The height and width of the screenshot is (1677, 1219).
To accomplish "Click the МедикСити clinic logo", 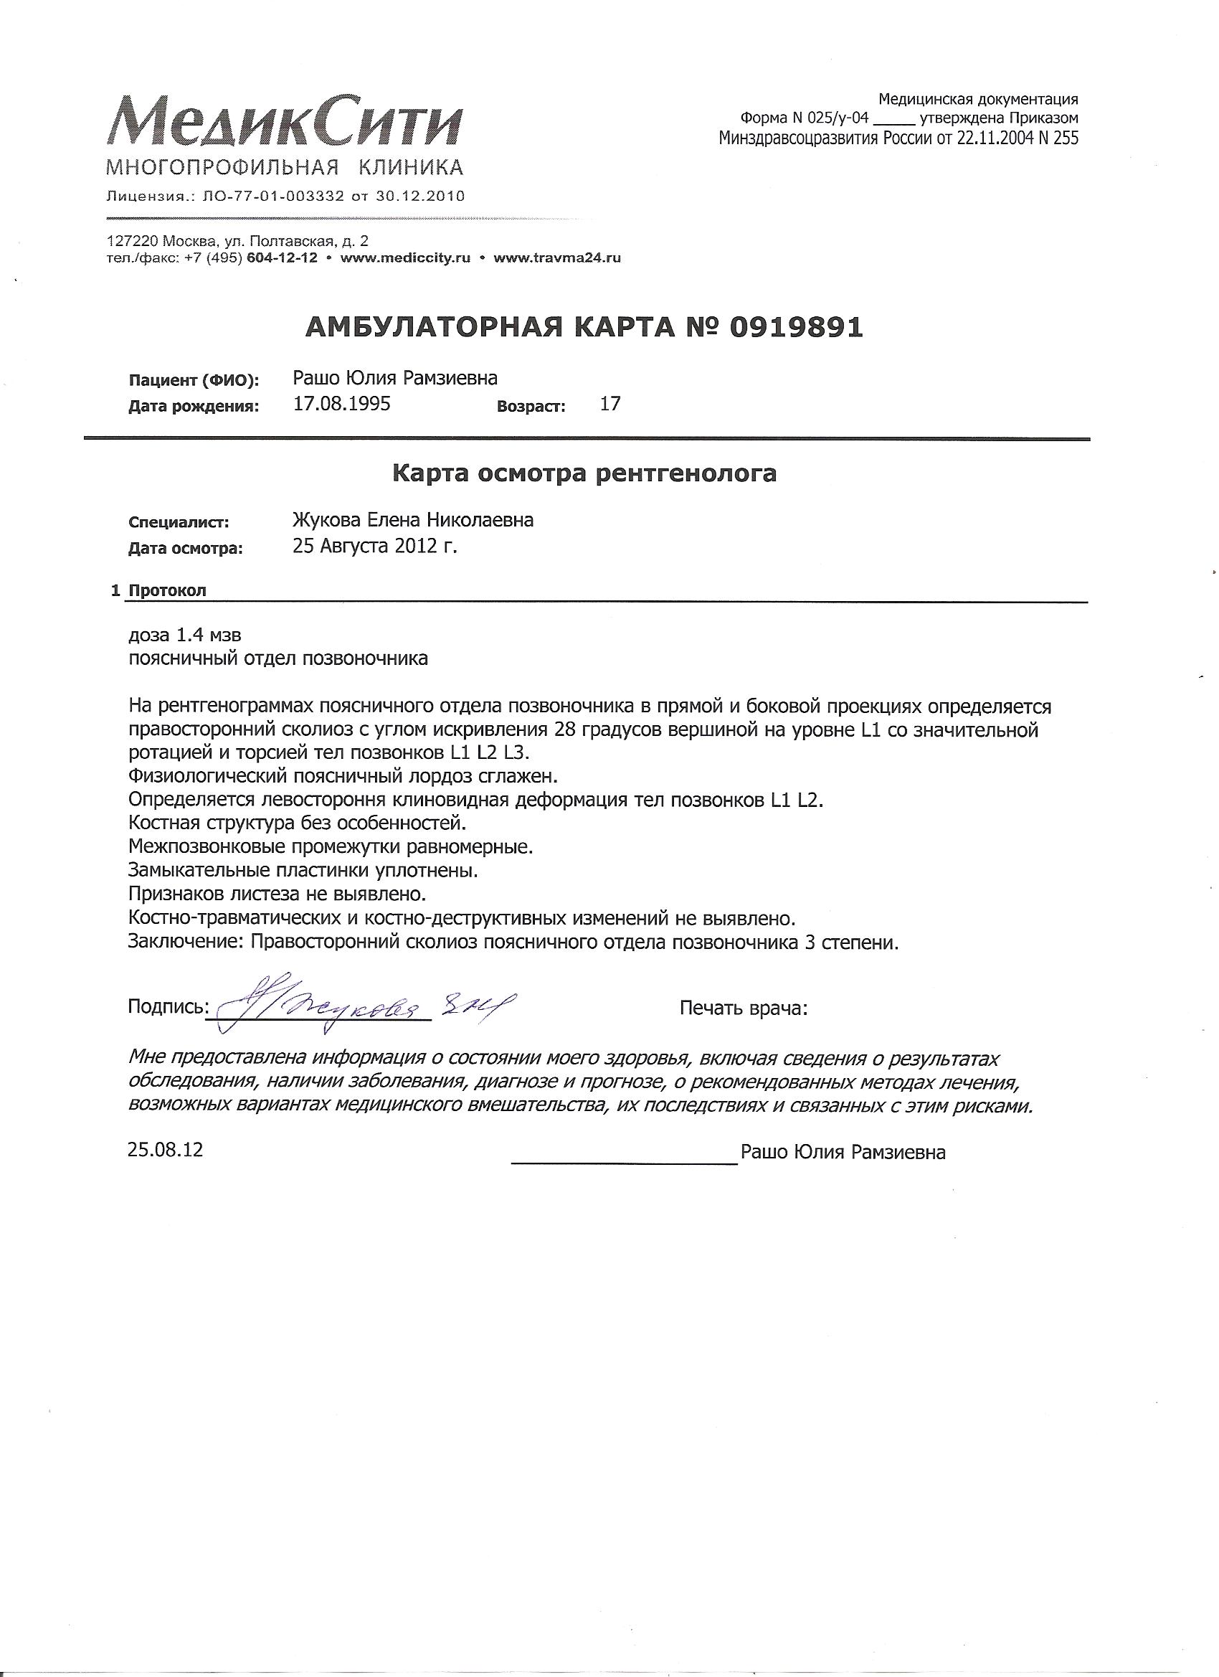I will click(285, 122).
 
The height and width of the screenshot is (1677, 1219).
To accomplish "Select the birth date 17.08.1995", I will click(341, 404).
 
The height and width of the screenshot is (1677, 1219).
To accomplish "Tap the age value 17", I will click(610, 404).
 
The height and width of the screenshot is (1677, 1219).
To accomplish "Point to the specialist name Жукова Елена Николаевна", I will click(413, 521).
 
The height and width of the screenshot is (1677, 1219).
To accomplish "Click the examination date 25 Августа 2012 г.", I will click(375, 547).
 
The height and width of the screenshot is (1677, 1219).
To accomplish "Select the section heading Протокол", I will click(168, 591).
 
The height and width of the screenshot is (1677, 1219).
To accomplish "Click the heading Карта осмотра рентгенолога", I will click(584, 473).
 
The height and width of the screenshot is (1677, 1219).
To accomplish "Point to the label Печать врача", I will click(744, 1008).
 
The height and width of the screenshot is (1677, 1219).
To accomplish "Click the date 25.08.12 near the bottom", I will click(165, 1151).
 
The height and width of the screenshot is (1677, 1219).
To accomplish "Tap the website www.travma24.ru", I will click(556, 258).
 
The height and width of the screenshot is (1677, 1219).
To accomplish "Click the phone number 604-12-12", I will click(284, 258).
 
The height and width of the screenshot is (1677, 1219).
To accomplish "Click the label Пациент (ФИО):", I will click(194, 381).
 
